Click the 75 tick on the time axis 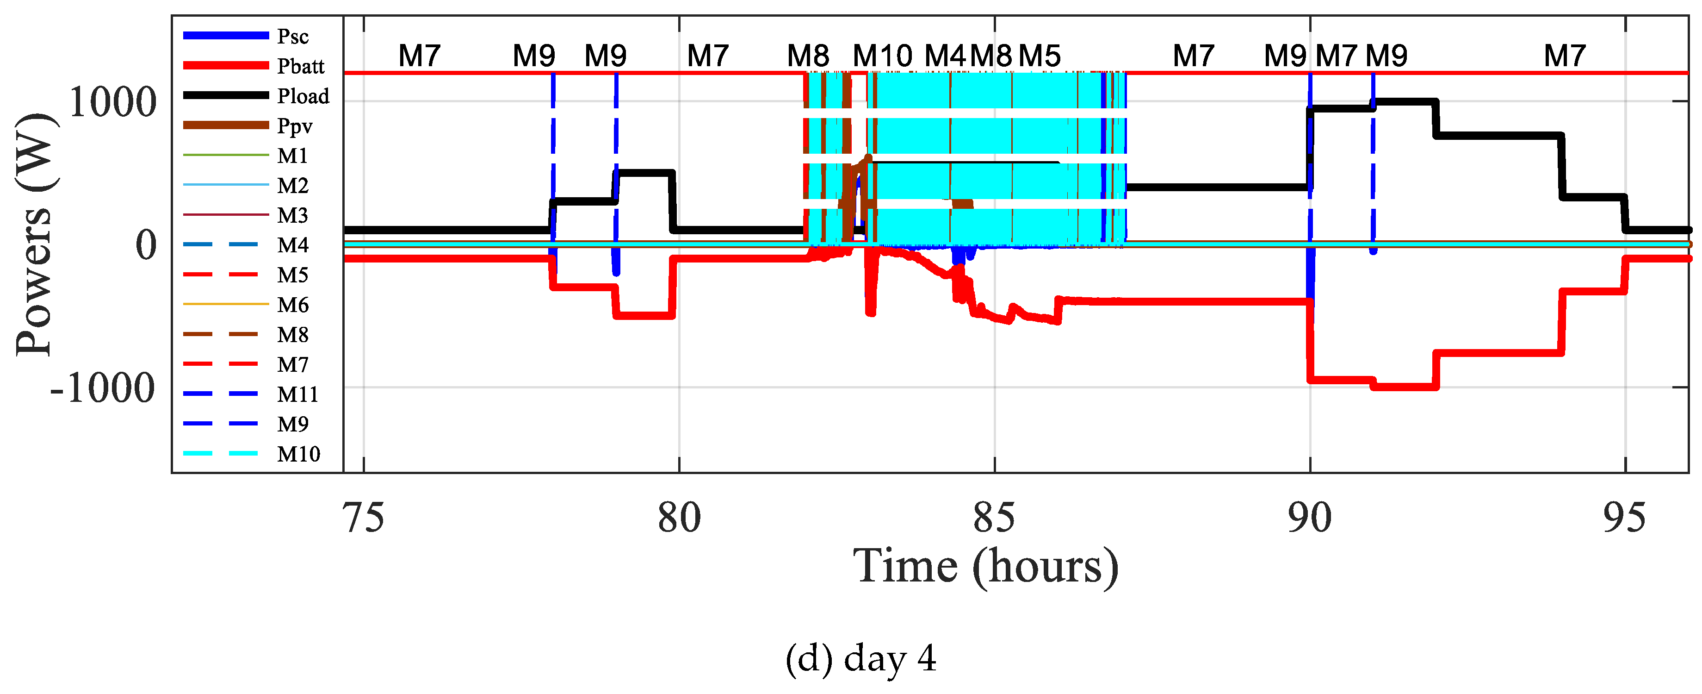364,518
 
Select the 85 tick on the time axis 994,518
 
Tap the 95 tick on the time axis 1625,518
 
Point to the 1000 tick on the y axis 112,102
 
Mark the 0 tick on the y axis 146,245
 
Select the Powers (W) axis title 34,235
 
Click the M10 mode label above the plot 882,56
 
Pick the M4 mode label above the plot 945,56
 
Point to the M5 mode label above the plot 1040,56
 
